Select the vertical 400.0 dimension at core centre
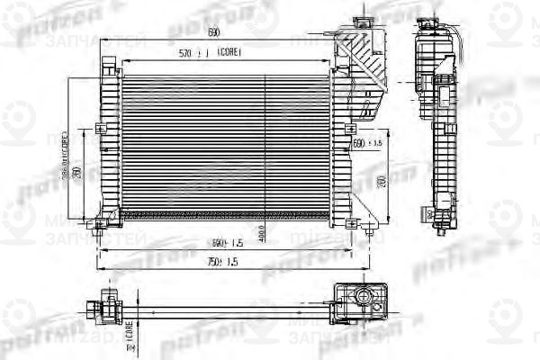tap(262, 231)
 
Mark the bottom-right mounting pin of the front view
tap(372, 234)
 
